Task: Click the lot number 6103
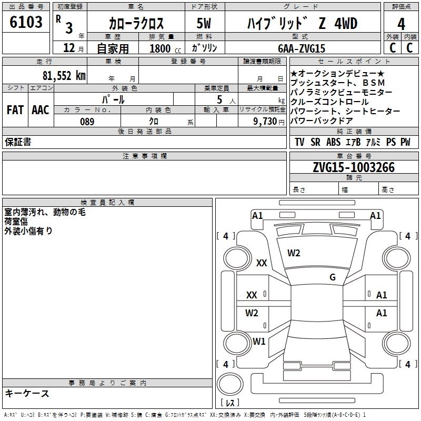click(x=26, y=23)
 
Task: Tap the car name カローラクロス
click(x=136, y=24)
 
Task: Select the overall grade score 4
click(x=401, y=24)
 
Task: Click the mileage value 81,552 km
click(x=64, y=75)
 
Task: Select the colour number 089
click(x=87, y=121)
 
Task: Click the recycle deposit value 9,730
click(x=268, y=121)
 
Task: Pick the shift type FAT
click(x=15, y=110)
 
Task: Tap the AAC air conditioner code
click(x=41, y=110)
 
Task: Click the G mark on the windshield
click(x=332, y=277)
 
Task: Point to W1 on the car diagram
click(x=259, y=341)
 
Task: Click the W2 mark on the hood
click(x=294, y=253)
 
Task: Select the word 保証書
click(x=18, y=142)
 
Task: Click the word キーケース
click(x=27, y=393)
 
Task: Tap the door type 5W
click(x=204, y=24)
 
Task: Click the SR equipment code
click(x=315, y=142)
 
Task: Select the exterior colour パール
click(x=113, y=98)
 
